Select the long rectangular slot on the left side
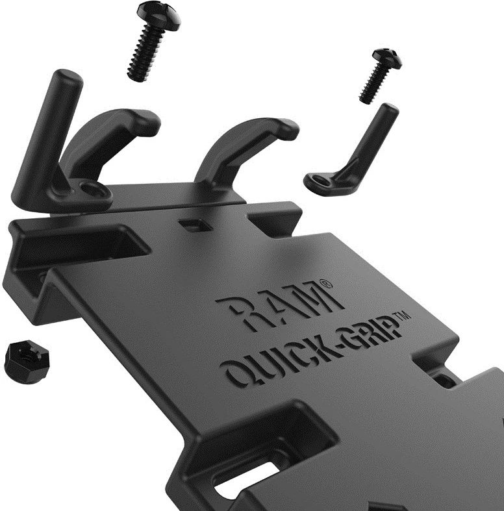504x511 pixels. click(78, 243)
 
